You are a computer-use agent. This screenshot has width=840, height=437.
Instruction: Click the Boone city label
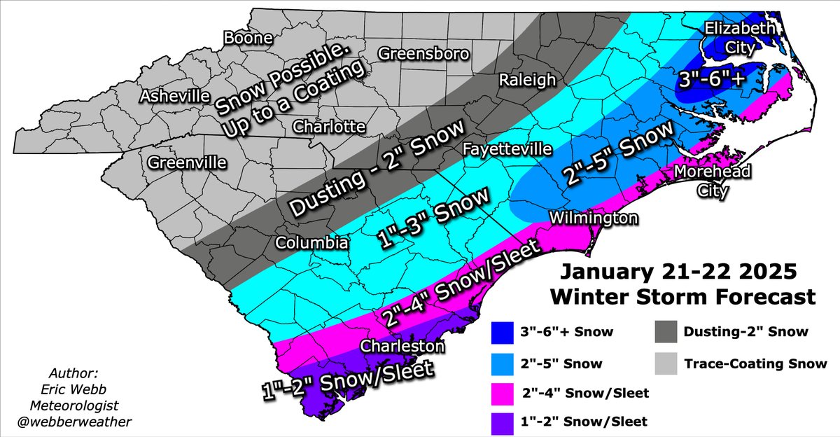[247, 39]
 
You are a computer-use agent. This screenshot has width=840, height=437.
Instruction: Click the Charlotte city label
[329, 127]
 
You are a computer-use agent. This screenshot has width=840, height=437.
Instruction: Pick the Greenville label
[187, 162]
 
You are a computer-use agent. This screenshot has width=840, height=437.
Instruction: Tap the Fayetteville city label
[507, 149]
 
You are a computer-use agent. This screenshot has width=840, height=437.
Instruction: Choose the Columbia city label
[311, 242]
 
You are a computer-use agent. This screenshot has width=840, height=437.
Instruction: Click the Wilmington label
[594, 218]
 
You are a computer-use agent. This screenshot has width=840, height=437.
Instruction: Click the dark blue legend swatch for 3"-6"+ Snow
[501, 332]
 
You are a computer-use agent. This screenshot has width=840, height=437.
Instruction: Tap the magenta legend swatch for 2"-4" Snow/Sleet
[501, 393]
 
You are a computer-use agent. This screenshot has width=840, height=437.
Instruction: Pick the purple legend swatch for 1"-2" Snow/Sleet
[501, 421]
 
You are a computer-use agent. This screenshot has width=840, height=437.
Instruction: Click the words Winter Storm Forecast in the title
[682, 296]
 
